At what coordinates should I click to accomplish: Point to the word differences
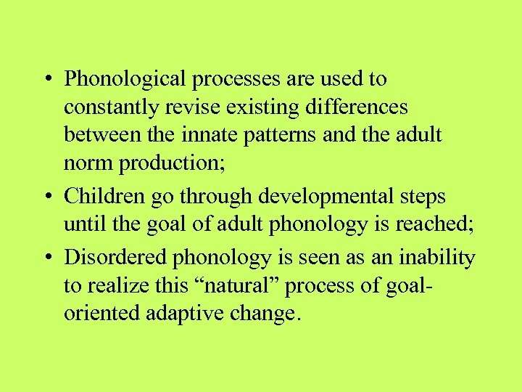(357, 107)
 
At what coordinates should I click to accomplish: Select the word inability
(439, 258)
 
